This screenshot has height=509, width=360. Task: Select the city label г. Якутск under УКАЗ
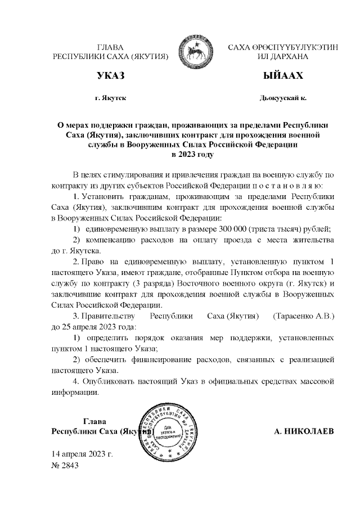click(110, 98)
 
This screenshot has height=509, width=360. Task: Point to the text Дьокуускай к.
click(283, 98)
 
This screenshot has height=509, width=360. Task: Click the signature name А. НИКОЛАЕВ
click(304, 431)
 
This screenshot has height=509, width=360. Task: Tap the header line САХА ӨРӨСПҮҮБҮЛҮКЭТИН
click(282, 48)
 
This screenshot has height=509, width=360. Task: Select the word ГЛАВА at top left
click(110, 48)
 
